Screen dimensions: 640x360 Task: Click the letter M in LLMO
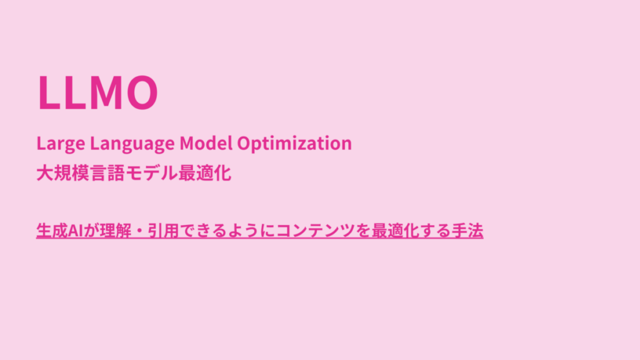pyautogui.click(x=104, y=92)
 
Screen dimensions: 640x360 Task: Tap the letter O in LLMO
pyautogui.click(x=142, y=92)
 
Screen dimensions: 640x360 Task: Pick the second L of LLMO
pyautogui.click(x=74, y=92)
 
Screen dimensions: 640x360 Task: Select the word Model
pyautogui.click(x=206, y=143)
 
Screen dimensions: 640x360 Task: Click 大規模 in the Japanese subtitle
pyautogui.click(x=63, y=173)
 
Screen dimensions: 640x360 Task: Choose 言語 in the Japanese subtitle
pyautogui.click(x=107, y=173)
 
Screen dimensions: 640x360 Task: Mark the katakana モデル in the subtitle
pyautogui.click(x=151, y=173)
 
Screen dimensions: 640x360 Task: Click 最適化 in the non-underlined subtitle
pyautogui.click(x=205, y=173)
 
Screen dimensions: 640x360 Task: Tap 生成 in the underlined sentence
pyautogui.click(x=52, y=231)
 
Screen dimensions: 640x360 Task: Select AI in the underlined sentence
pyautogui.click(x=76, y=231)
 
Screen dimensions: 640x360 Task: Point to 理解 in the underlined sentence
pyautogui.click(x=116, y=231)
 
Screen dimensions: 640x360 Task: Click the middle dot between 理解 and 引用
pyautogui.click(x=139, y=231)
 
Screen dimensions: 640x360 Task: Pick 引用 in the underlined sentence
pyautogui.click(x=163, y=231)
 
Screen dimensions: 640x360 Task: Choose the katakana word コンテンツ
pyautogui.click(x=315, y=231)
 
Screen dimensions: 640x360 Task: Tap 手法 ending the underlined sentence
pyautogui.click(x=467, y=231)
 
